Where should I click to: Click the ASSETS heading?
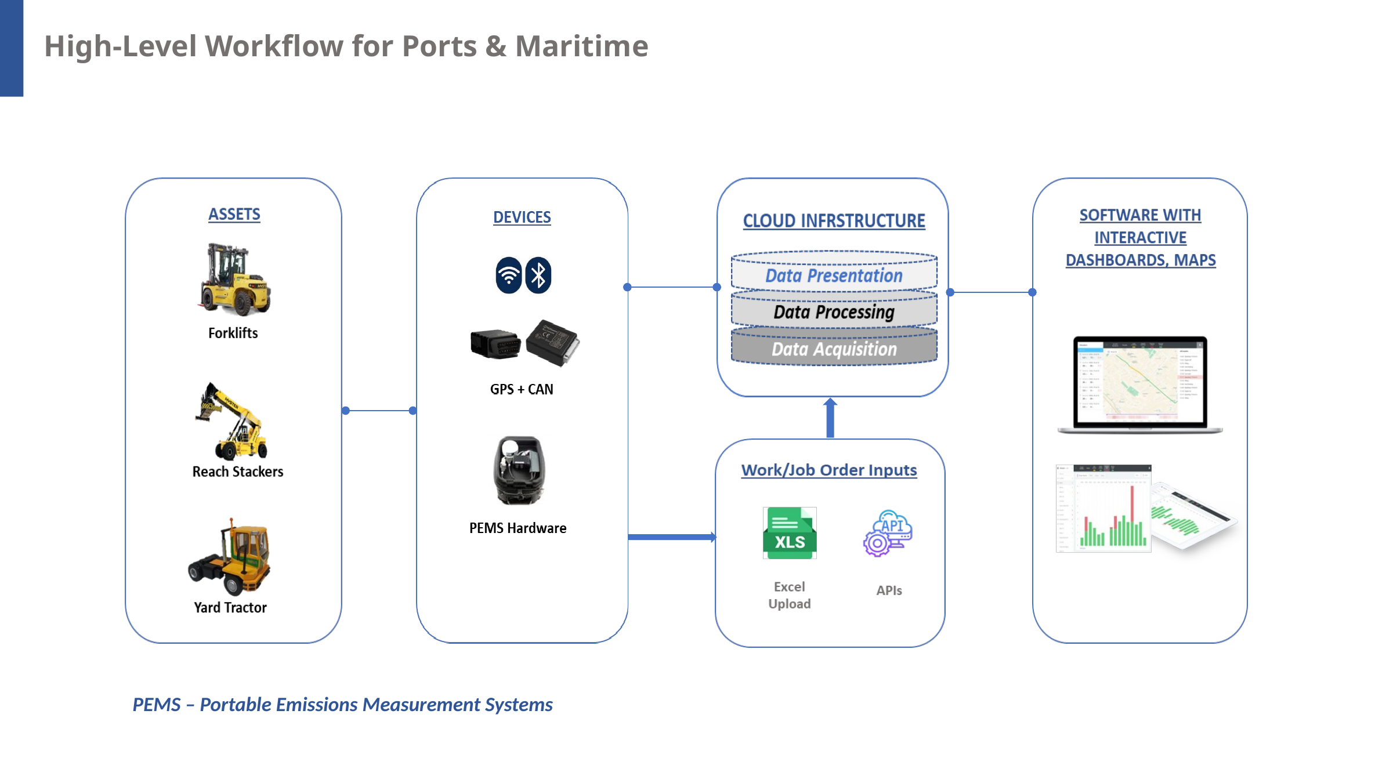(x=234, y=215)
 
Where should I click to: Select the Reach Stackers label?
(x=238, y=472)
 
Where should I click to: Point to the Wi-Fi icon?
(x=509, y=275)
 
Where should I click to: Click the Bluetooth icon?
(x=538, y=275)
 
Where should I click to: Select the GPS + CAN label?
(x=522, y=389)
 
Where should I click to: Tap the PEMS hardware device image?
(x=519, y=470)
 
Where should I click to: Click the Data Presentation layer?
(x=834, y=275)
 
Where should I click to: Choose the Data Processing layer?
(x=834, y=312)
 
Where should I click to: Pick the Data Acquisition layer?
(x=834, y=349)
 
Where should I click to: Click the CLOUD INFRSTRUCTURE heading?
(x=834, y=221)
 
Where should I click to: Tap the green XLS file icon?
(x=790, y=533)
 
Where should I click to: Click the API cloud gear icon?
(x=888, y=533)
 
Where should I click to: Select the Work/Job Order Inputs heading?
(x=829, y=470)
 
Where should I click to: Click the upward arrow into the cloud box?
(x=830, y=418)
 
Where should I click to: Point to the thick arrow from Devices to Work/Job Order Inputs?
(x=672, y=537)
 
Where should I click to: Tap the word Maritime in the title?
(x=581, y=46)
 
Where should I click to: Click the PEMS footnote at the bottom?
(x=342, y=705)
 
